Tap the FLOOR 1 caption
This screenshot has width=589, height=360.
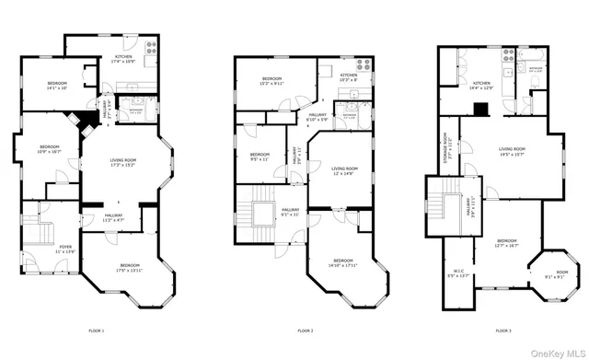tap(97, 331)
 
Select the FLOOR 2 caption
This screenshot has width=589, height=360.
tap(306, 331)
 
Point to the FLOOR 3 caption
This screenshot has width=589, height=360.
tap(503, 331)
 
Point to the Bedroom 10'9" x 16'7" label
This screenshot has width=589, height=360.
tap(48, 150)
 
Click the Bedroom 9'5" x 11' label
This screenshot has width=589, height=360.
tap(260, 157)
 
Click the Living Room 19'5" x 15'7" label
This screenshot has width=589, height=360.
tap(512, 151)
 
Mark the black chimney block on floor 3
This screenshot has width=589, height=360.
tap(479, 109)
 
